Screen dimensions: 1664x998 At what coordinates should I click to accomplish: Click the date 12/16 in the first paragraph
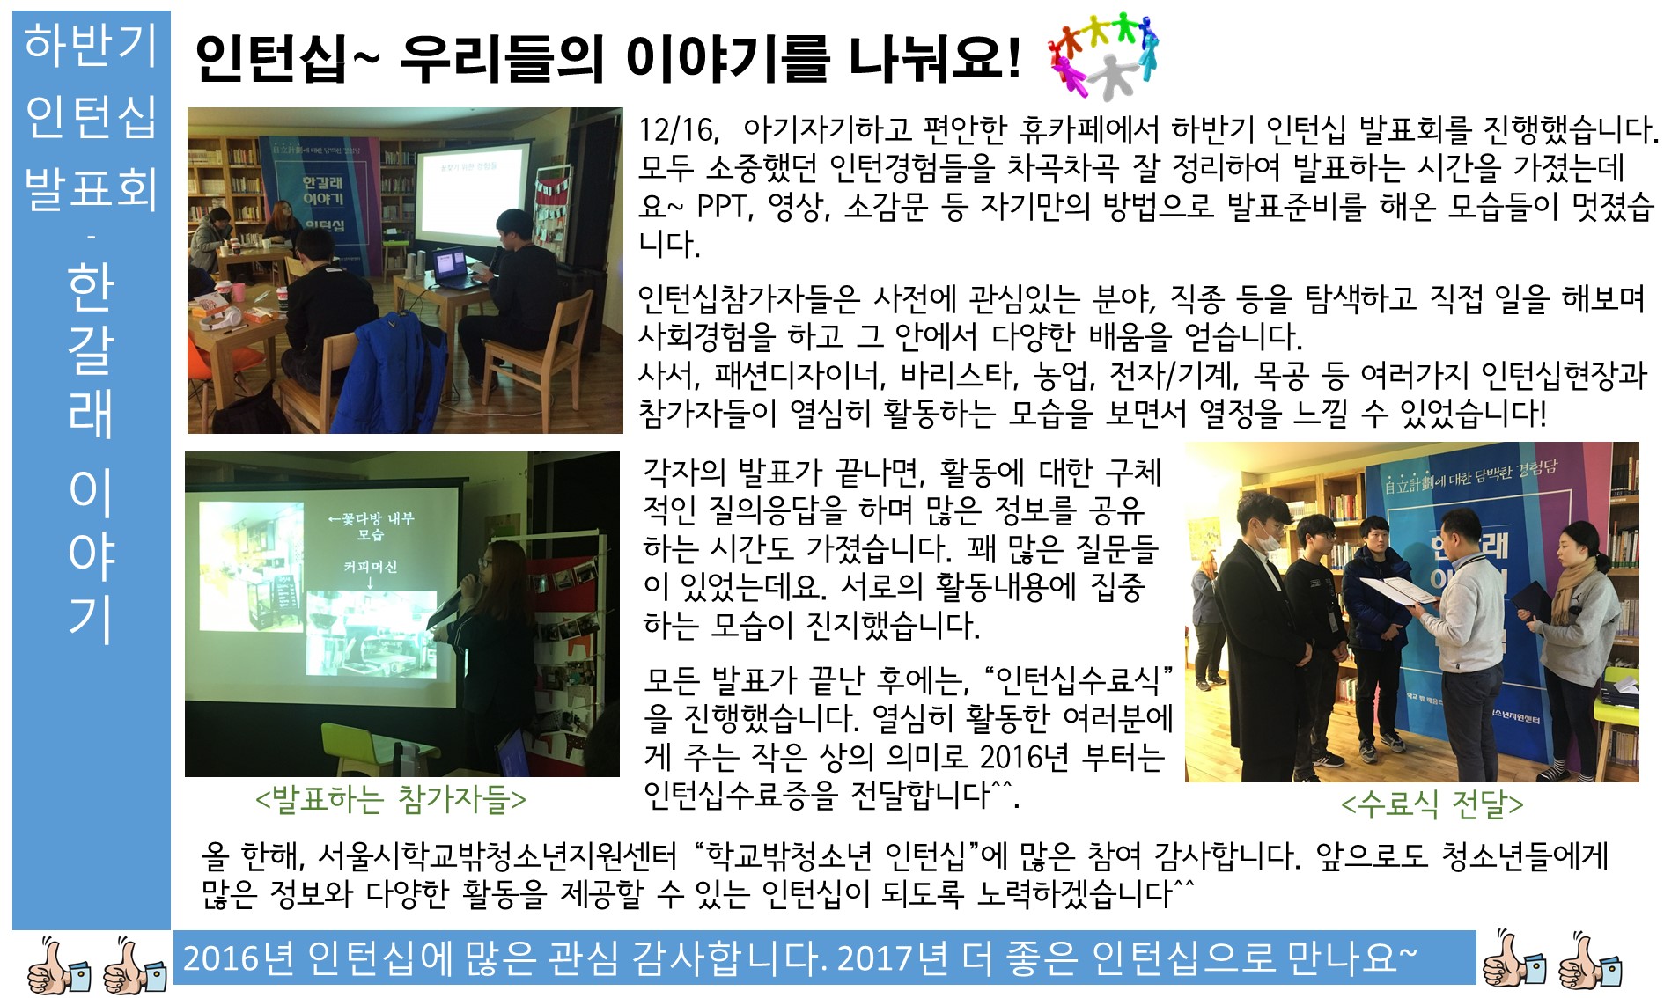pyautogui.click(x=678, y=130)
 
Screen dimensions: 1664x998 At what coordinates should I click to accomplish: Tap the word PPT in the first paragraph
pyautogui.click(x=724, y=206)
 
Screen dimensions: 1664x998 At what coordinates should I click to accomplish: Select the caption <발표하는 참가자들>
pyautogui.click(x=391, y=799)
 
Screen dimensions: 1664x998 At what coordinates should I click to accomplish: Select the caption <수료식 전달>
pyautogui.click(x=1432, y=804)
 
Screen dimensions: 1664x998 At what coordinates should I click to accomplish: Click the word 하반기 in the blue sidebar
pyautogui.click(x=91, y=44)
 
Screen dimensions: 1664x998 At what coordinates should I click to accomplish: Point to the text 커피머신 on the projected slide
pyautogui.click(x=371, y=567)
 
